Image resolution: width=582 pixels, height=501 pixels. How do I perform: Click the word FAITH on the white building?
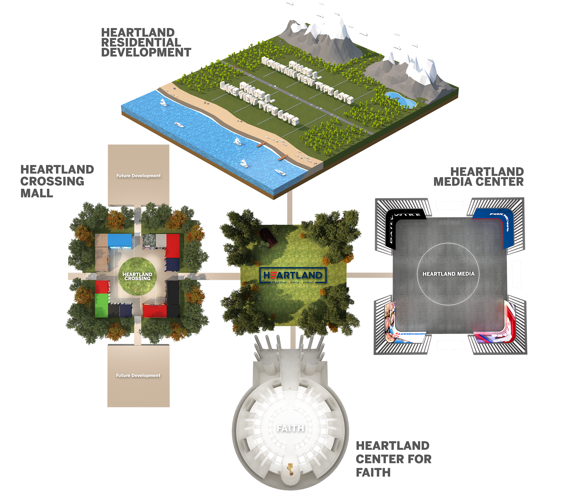[290, 428]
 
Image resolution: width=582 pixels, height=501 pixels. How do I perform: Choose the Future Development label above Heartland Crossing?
[139, 176]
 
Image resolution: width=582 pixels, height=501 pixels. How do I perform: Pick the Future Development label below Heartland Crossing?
[138, 375]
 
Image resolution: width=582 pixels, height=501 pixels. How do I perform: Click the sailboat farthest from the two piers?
[163, 102]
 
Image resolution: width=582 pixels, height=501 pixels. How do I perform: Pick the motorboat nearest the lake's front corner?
[280, 172]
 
